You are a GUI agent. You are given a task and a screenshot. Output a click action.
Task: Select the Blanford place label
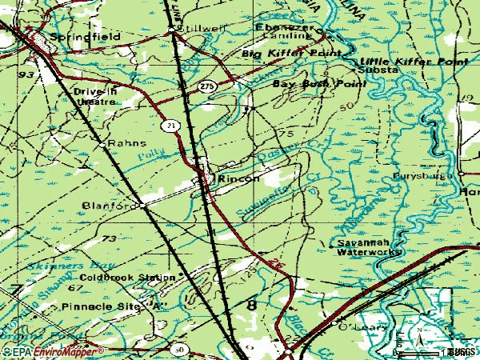(x=108, y=206)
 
